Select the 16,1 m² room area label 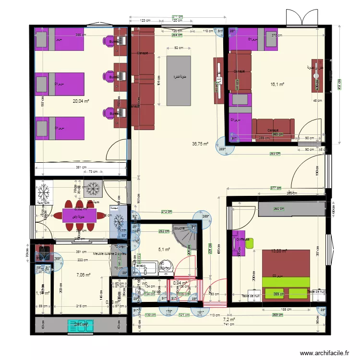(x=277, y=84)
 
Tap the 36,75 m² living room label (x=200, y=143)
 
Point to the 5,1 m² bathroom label (x=164, y=249)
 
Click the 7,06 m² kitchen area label (x=83, y=275)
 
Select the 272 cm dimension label (x=167, y=212)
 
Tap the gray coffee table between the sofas (x=179, y=80)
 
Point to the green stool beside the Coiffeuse (x=249, y=243)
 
